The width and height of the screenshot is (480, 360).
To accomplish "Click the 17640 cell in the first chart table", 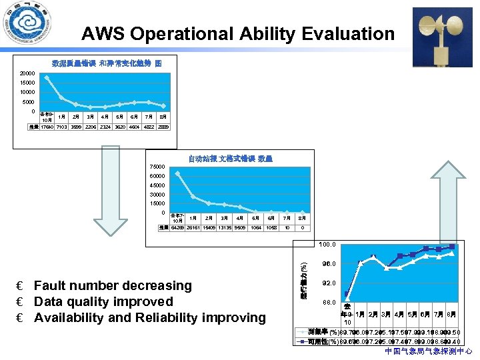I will coord(47,127).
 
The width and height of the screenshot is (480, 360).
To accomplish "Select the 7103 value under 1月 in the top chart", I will coord(61,127).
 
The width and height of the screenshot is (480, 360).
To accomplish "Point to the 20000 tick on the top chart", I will coord(27,73).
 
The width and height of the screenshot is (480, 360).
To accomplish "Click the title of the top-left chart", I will coord(107,63).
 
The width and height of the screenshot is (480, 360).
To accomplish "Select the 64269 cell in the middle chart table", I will coord(177,227).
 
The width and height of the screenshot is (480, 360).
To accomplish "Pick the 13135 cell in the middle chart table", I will coord(224,227).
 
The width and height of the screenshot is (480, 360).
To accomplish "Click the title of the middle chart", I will coord(230,159).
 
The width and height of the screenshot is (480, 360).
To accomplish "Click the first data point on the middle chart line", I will coord(177,173).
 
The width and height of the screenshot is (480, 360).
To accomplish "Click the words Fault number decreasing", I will coord(113,285).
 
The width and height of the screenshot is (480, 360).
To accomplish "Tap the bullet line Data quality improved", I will coord(103,301).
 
